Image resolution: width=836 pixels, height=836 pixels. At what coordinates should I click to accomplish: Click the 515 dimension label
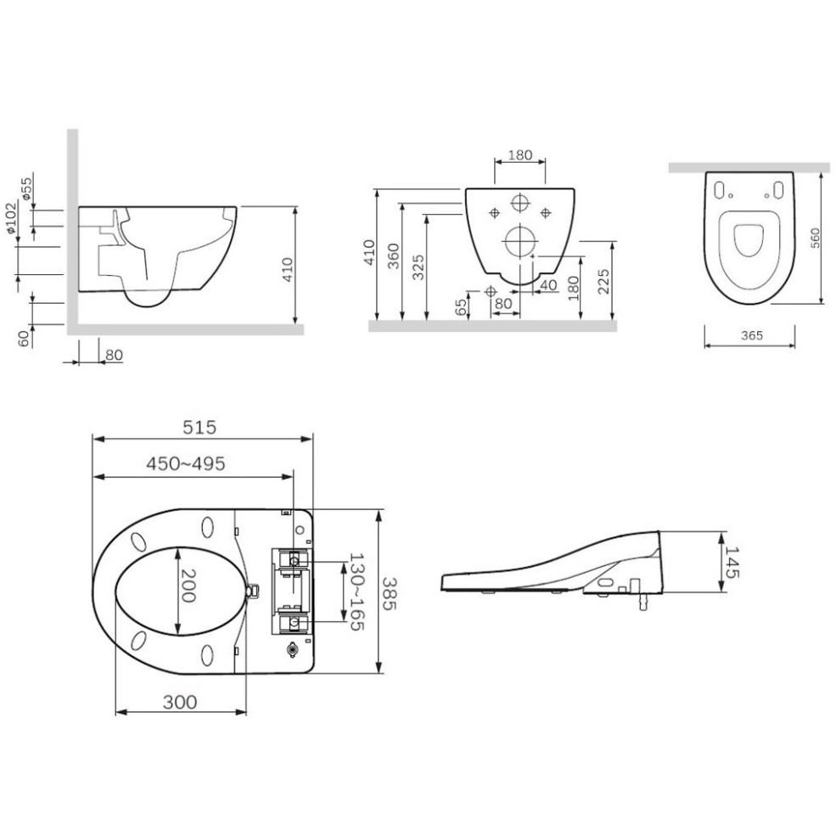point(199,427)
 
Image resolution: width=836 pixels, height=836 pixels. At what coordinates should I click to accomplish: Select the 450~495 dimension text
point(186,463)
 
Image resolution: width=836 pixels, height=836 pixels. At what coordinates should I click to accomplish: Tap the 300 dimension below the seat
point(180,702)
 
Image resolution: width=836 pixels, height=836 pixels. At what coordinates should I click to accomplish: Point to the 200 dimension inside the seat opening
point(188,586)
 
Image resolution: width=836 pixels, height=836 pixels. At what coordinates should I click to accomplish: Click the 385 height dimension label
point(390,594)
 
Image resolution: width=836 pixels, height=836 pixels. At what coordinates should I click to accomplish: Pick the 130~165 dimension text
point(356,592)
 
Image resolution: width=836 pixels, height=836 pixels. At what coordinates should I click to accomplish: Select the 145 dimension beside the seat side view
point(732,562)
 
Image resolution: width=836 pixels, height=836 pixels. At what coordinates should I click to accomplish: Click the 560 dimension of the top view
point(816,238)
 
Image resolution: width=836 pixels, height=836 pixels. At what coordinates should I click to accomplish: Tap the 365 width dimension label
point(752,335)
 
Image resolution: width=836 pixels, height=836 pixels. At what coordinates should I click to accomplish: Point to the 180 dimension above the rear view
point(519,154)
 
